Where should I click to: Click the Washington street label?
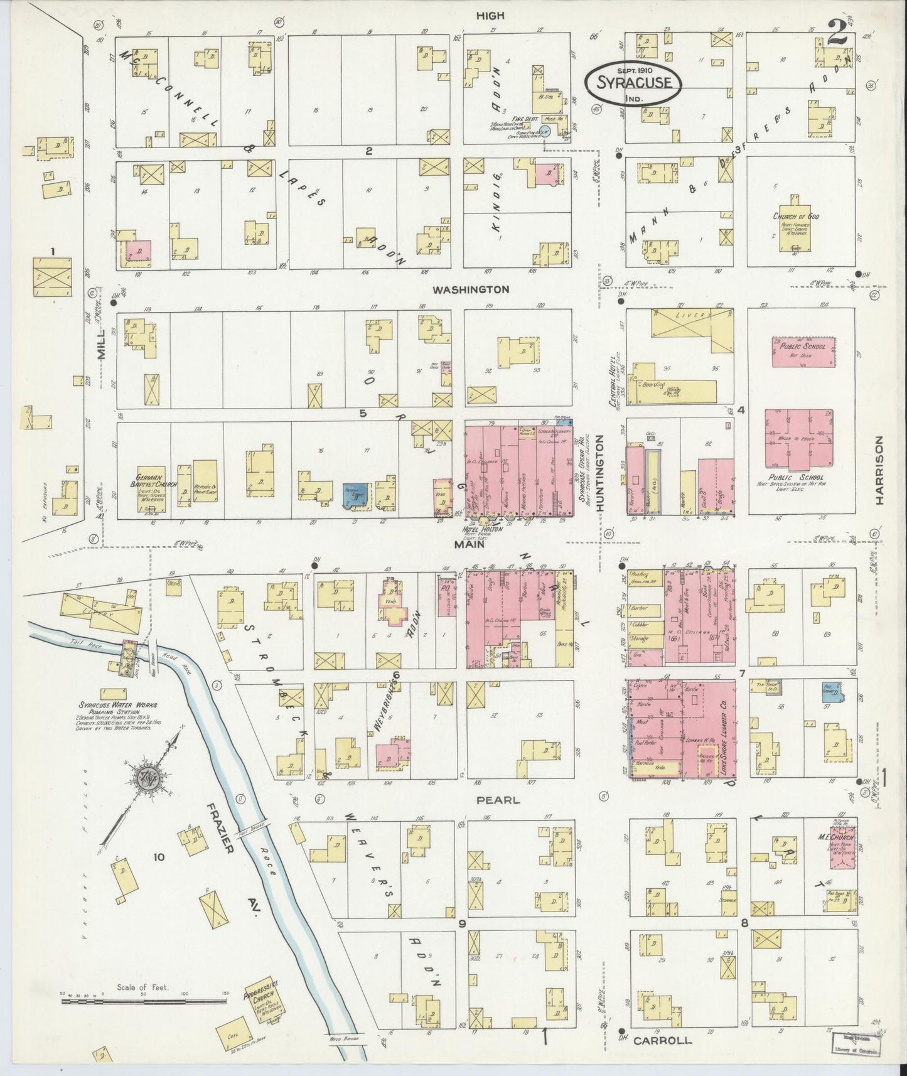[x=470, y=290]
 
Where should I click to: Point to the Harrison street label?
[x=879, y=470]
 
